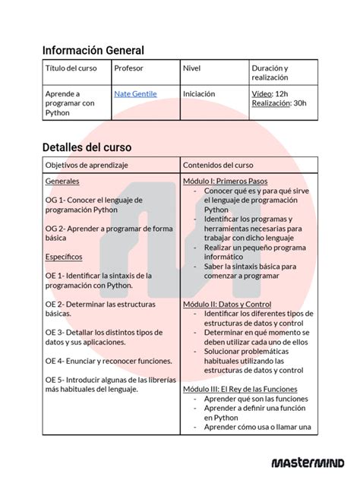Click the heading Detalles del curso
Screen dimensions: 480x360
coord(87,147)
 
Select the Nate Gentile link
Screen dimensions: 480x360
coord(135,93)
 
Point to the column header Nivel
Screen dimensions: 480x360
coord(191,68)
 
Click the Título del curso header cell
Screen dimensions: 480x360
coord(71,68)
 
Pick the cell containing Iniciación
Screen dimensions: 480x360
coord(199,93)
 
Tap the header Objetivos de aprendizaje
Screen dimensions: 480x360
coord(87,165)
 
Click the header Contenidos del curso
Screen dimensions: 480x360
coord(218,165)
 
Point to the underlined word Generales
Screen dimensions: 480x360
coord(62,182)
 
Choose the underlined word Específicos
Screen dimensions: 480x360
coord(65,257)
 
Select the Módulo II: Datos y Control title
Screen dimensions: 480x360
coord(227,304)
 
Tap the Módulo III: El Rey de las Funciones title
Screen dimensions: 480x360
coord(240,389)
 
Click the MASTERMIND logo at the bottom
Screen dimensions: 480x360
coord(308,463)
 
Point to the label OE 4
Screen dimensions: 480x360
coord(55,360)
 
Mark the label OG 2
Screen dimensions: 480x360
coord(55,228)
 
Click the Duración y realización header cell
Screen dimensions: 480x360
coord(270,73)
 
